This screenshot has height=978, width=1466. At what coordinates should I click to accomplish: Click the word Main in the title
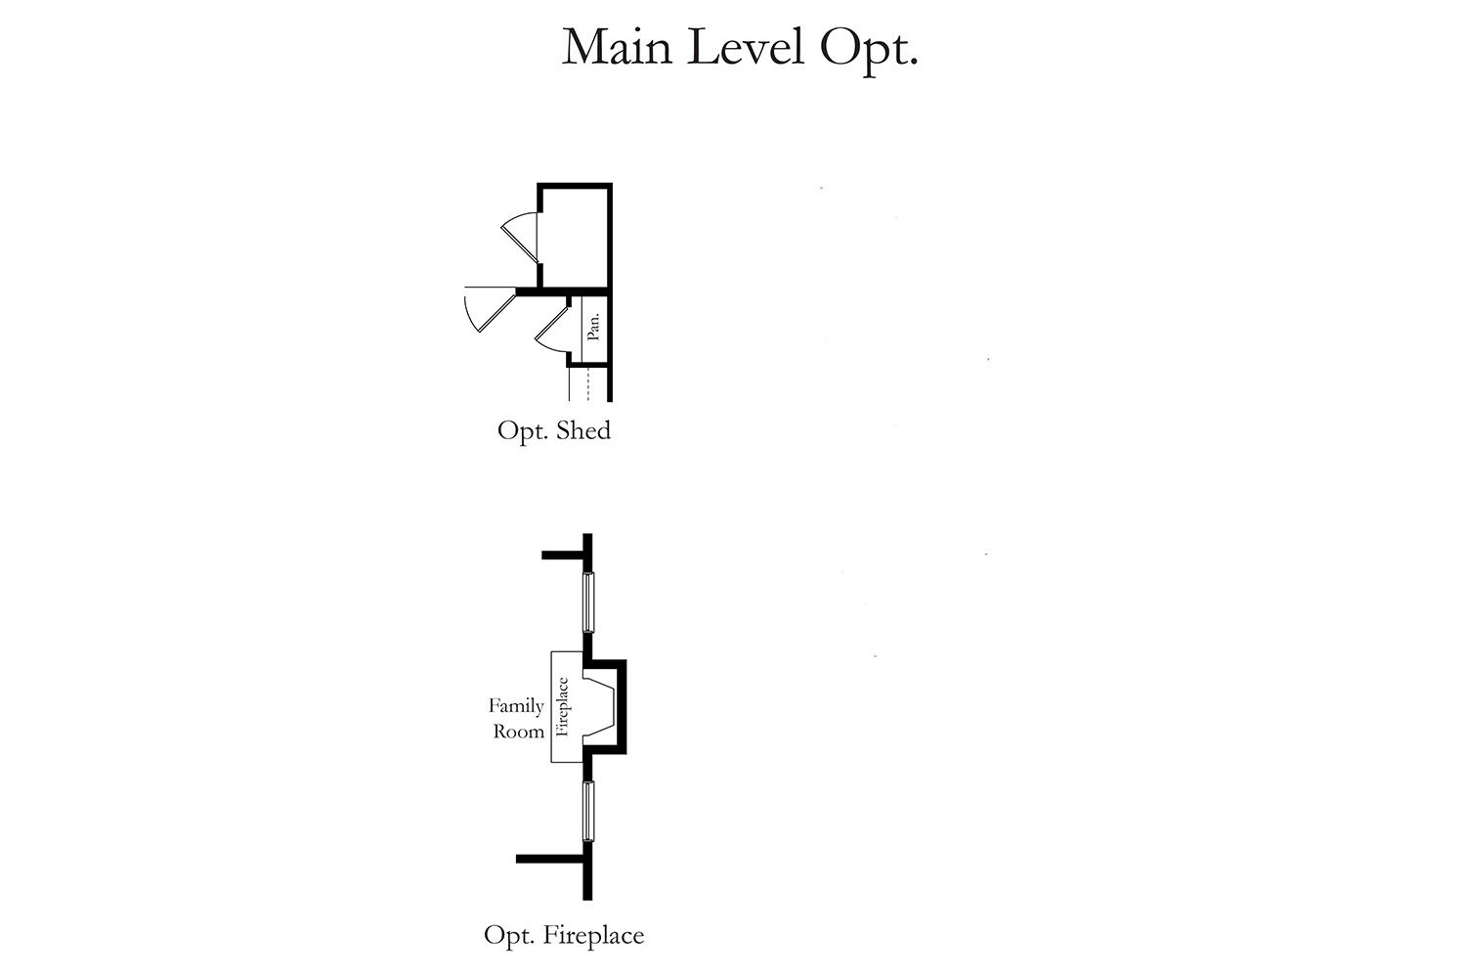click(617, 48)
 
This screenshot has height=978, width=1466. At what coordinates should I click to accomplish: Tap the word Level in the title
click(746, 47)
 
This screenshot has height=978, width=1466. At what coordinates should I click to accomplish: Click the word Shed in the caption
click(583, 430)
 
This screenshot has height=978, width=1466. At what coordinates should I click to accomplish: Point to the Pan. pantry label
click(593, 327)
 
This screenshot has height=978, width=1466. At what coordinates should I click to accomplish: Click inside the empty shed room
click(576, 238)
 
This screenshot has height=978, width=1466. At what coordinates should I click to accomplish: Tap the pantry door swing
click(552, 331)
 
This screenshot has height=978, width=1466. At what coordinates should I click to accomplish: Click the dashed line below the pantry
click(588, 384)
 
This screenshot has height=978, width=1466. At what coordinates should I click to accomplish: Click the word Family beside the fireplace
click(516, 707)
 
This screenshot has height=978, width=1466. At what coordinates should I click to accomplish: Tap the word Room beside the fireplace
click(518, 732)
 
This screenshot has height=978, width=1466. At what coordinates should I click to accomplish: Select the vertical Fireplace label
click(562, 707)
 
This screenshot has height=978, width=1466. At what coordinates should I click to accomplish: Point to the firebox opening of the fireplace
click(599, 707)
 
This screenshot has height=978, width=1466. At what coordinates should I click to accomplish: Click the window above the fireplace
click(588, 602)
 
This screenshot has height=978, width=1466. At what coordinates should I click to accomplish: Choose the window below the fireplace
click(588, 811)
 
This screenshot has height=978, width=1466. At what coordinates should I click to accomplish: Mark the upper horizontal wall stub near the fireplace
click(563, 556)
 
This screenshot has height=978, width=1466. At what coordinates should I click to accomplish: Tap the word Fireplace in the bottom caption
click(593, 935)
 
